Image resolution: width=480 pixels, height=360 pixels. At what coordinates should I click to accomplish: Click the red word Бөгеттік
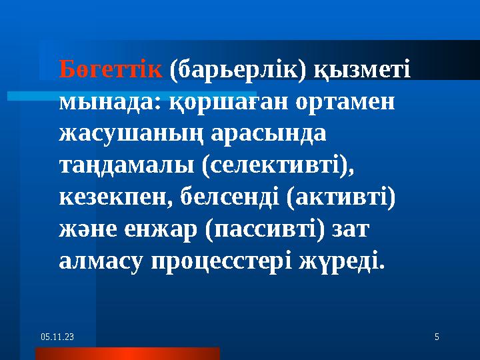(111, 69)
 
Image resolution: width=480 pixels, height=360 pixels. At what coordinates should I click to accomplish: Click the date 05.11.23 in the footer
(57, 338)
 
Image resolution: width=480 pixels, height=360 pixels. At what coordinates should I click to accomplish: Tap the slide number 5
(437, 338)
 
